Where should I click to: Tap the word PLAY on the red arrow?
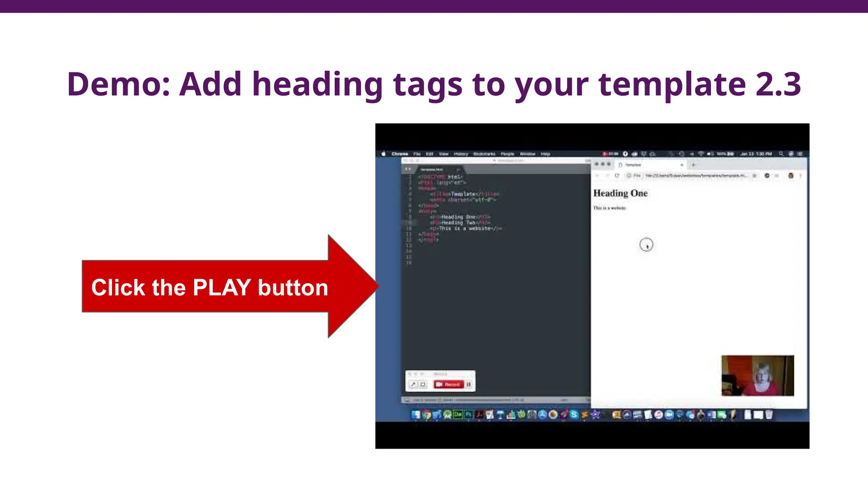pos(222,288)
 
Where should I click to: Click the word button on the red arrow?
pos(293,288)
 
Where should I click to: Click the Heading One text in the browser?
pos(620,193)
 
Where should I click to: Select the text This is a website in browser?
pos(609,208)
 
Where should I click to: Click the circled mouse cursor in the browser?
pos(646,244)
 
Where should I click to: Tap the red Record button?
pos(448,384)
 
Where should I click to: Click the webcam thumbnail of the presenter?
pos(757,375)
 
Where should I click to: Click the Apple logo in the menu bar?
pos(384,154)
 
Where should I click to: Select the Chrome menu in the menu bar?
pos(399,154)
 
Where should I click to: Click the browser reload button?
pos(617,175)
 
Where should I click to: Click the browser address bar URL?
pos(695,175)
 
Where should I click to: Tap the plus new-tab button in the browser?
pos(693,165)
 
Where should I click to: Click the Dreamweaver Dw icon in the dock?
pos(458,415)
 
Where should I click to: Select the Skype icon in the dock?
pos(574,415)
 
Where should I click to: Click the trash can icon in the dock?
pos(769,415)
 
